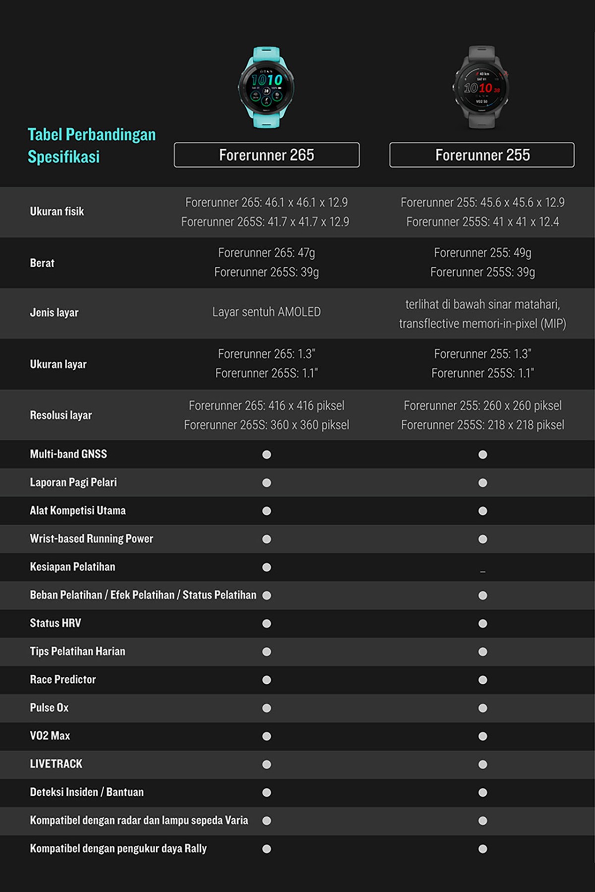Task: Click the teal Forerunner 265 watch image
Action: tap(266, 87)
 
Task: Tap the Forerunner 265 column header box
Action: tap(267, 155)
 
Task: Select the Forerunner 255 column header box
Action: tap(482, 155)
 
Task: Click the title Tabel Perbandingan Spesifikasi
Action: tap(91, 146)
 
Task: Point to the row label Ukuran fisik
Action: tap(57, 212)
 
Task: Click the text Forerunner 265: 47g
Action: tap(266, 253)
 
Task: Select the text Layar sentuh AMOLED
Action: tap(266, 312)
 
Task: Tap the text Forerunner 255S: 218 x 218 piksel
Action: tap(482, 425)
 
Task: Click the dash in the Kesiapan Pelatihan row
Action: tap(482, 571)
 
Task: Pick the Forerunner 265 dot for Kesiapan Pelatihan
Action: tap(267, 567)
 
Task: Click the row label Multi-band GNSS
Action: tap(68, 454)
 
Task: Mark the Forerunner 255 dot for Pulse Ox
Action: tap(482, 708)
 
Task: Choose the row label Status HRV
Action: tap(56, 623)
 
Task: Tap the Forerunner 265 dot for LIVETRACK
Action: tap(267, 765)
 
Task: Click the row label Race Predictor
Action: tap(63, 679)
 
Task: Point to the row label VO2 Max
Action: tap(50, 736)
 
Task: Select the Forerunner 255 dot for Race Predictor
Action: tap(482, 680)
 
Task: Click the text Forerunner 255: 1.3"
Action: tap(482, 354)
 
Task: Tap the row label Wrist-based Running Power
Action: tap(92, 539)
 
